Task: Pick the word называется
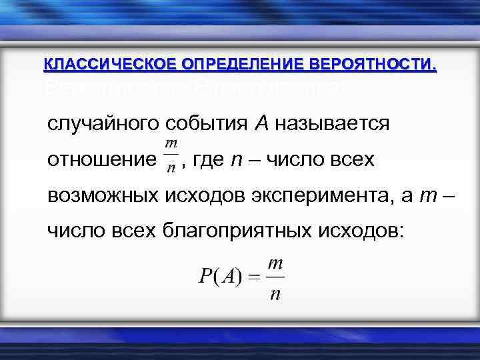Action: tap(332, 125)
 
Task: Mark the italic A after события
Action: tap(262, 124)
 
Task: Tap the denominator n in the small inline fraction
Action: tap(171, 168)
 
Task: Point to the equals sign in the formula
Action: tap(254, 277)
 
